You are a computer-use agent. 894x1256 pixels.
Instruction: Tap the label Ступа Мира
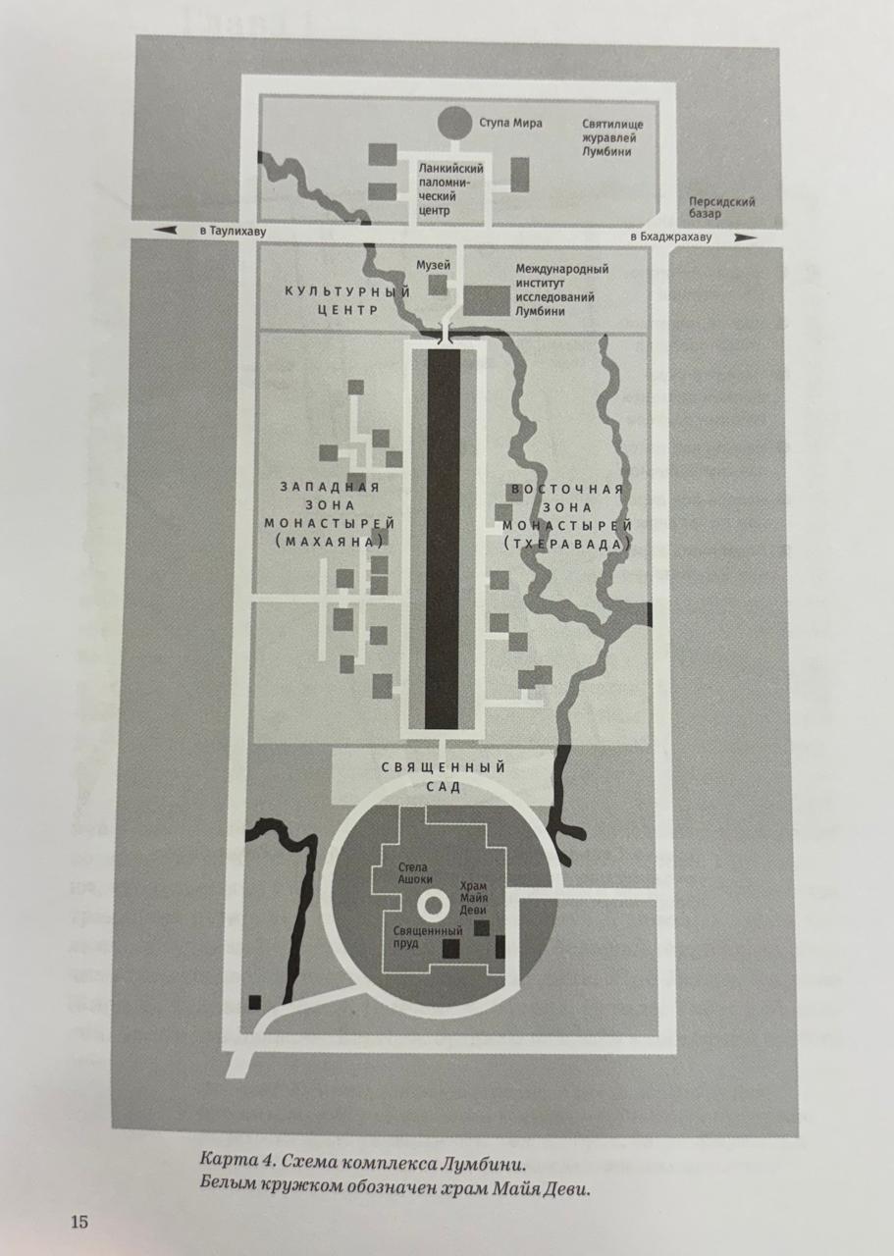[510, 124]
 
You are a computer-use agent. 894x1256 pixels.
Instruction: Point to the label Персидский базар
[721, 207]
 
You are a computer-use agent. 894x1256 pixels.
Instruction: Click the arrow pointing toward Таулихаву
[166, 231]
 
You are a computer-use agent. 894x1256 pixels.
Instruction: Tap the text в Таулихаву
[233, 232]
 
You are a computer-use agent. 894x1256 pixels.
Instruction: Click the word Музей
[433, 265]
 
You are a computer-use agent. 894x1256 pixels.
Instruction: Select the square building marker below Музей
[437, 286]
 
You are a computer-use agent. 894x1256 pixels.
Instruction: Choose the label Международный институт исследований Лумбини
[561, 289]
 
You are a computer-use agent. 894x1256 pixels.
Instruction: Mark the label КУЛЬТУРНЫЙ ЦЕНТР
[333, 299]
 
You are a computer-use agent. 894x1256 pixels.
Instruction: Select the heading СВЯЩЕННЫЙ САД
[443, 776]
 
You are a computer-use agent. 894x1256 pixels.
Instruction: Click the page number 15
[79, 1222]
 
